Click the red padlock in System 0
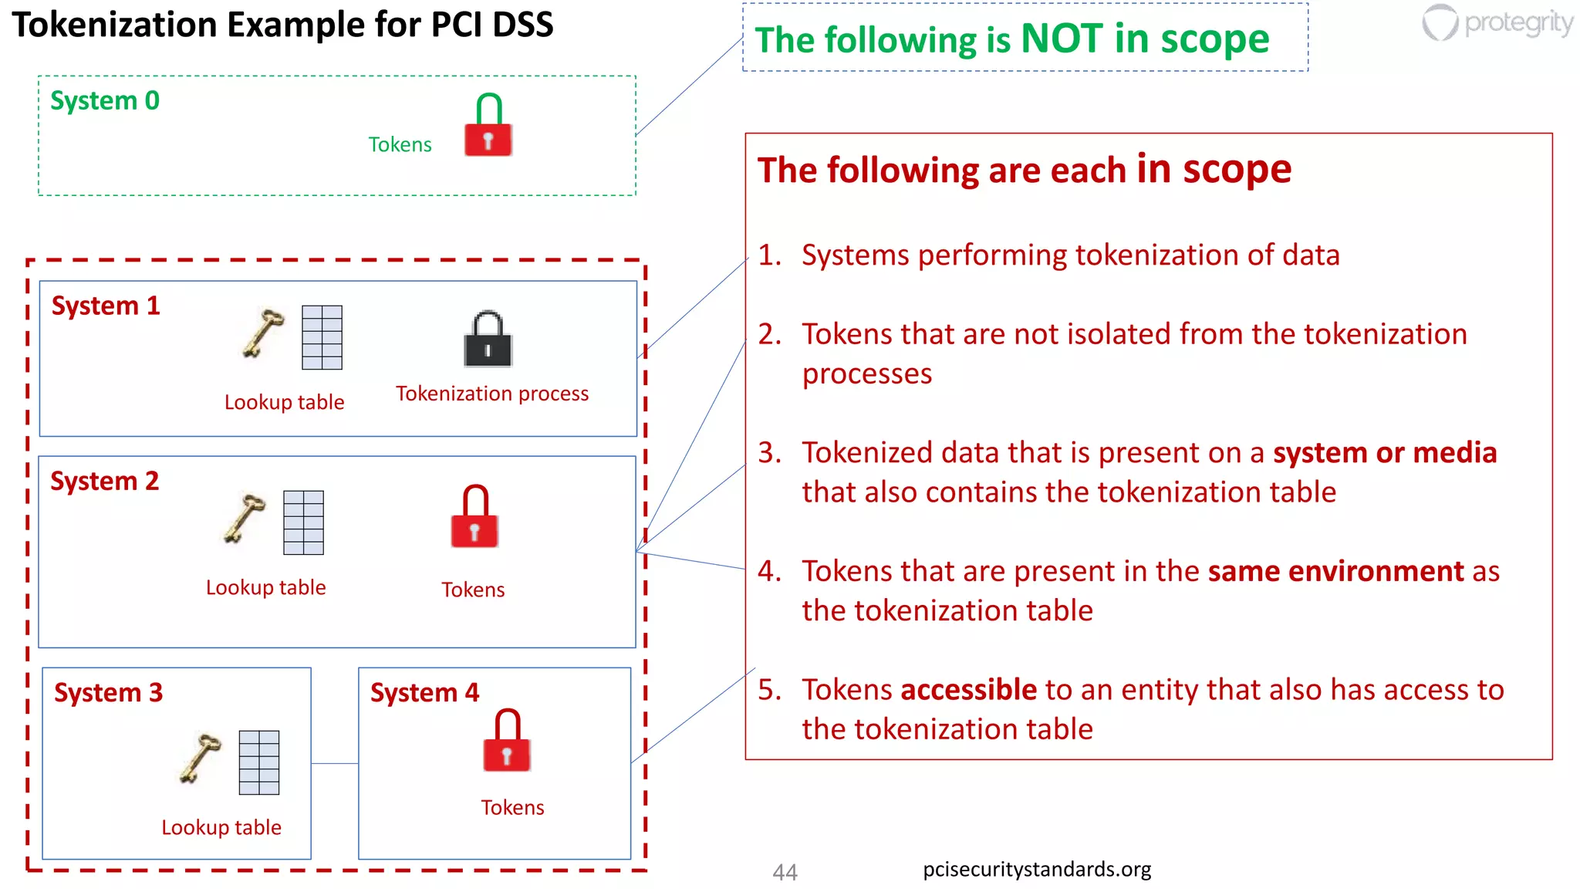click(488, 127)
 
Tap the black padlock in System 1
click(488, 340)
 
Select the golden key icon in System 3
click(200, 758)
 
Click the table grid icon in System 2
click(303, 522)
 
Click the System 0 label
click(105, 101)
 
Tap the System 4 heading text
click(424, 692)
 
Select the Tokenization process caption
click(492, 394)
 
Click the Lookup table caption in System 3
click(221, 827)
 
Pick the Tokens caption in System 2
click(473, 590)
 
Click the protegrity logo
click(1497, 23)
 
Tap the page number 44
click(785, 872)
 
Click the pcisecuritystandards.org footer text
click(1036, 870)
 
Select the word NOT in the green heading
click(1062, 39)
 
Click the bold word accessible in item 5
click(968, 689)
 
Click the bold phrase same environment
click(1335, 571)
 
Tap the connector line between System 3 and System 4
click(335, 763)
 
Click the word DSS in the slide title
click(522, 25)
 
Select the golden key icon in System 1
click(263, 333)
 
